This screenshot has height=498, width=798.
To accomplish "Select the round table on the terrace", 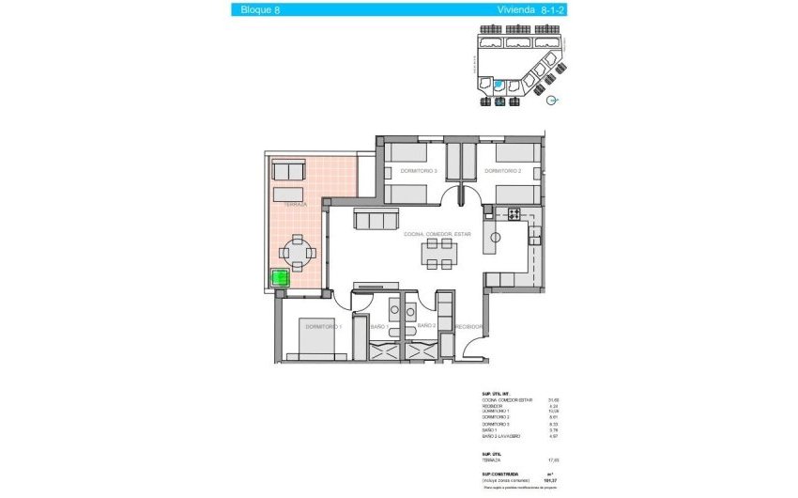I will [297, 252].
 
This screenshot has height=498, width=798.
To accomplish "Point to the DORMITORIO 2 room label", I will [502, 171].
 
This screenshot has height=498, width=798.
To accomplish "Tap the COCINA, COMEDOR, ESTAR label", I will [437, 234].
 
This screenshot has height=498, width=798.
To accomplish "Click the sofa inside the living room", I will [375, 220].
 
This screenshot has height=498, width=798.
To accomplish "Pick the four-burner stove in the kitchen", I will [514, 213].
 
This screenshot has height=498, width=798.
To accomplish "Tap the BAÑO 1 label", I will [380, 326].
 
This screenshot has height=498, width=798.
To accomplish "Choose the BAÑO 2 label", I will [427, 326].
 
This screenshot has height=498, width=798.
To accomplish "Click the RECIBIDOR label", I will [468, 327].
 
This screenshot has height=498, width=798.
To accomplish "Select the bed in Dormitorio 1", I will [323, 338].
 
